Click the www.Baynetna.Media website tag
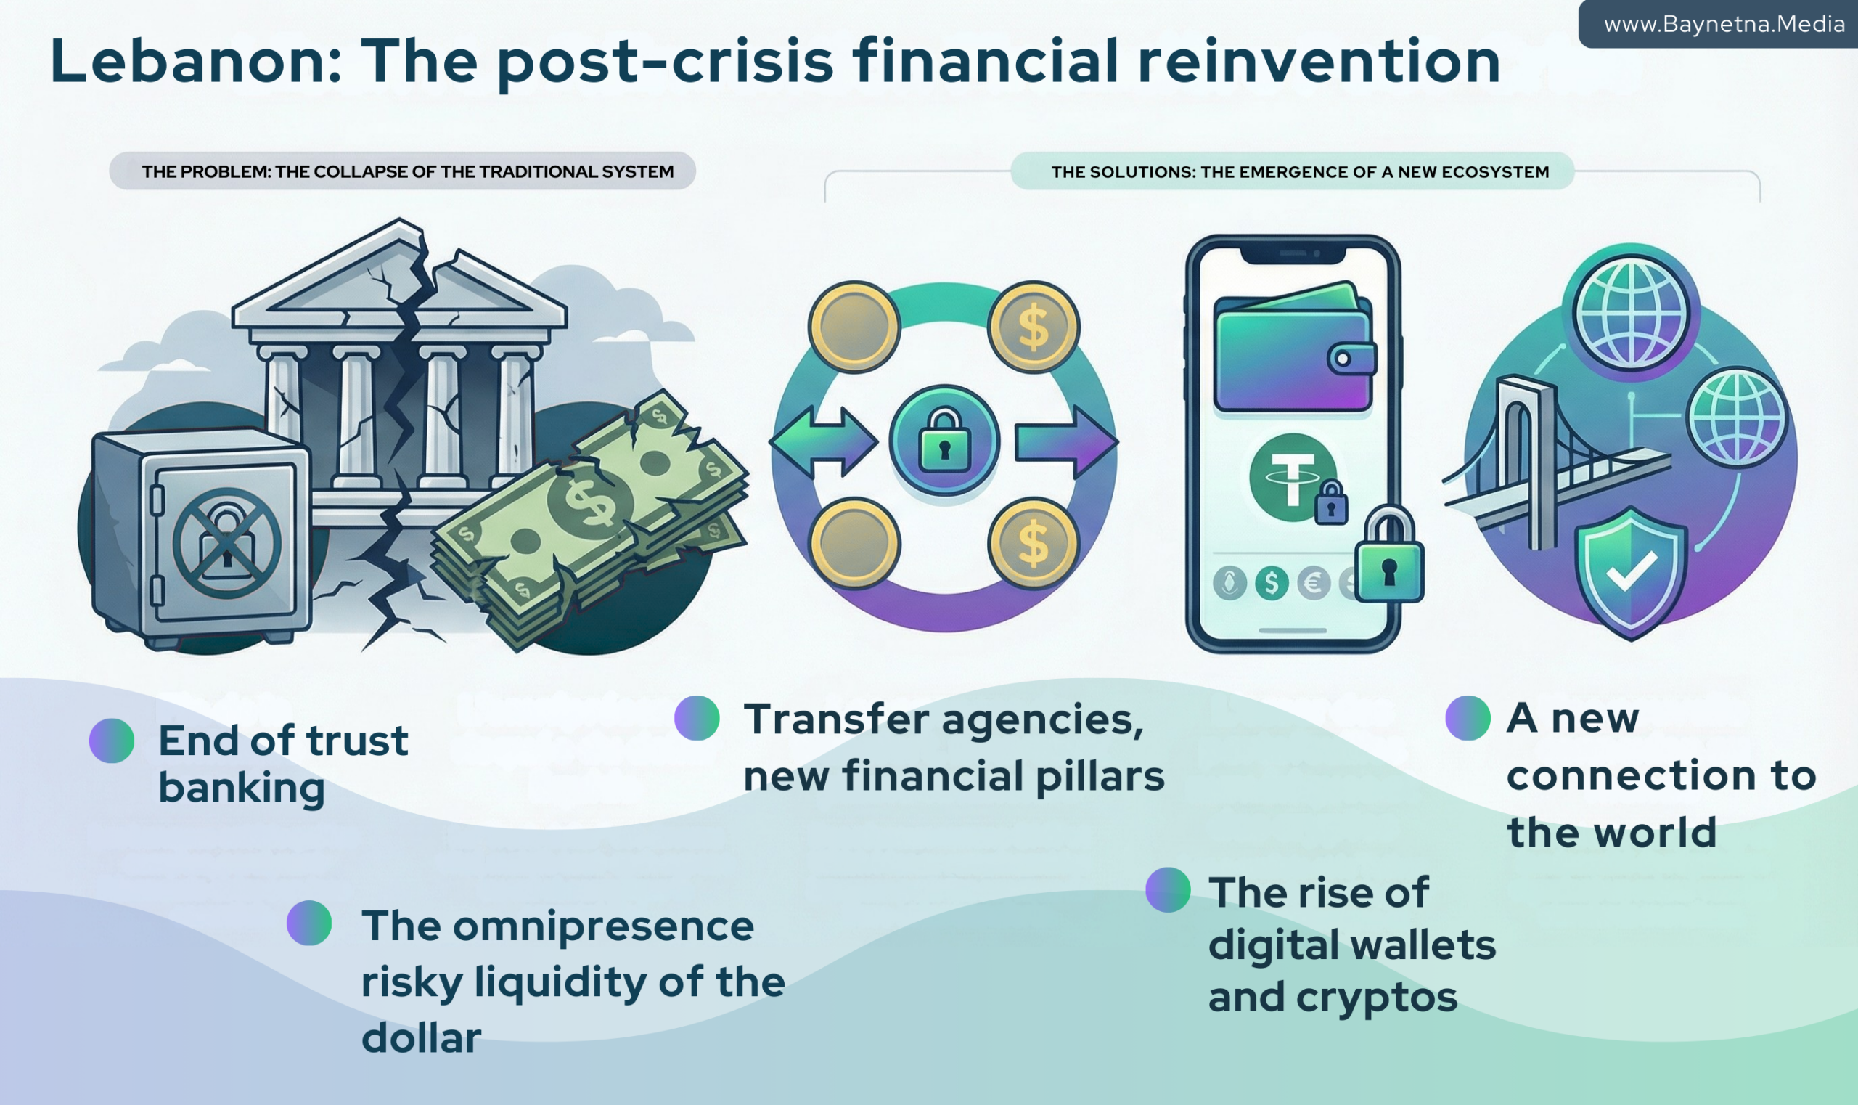[1723, 25]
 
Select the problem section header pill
[402, 171]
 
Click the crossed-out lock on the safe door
[226, 543]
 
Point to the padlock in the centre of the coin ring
[944, 441]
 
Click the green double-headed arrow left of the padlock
[823, 441]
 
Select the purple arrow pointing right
[1066, 441]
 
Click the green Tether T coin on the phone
[1291, 477]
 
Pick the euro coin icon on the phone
[1313, 583]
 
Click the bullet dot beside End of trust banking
[112, 741]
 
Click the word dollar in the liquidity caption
[422, 1038]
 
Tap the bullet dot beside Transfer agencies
[697, 718]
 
